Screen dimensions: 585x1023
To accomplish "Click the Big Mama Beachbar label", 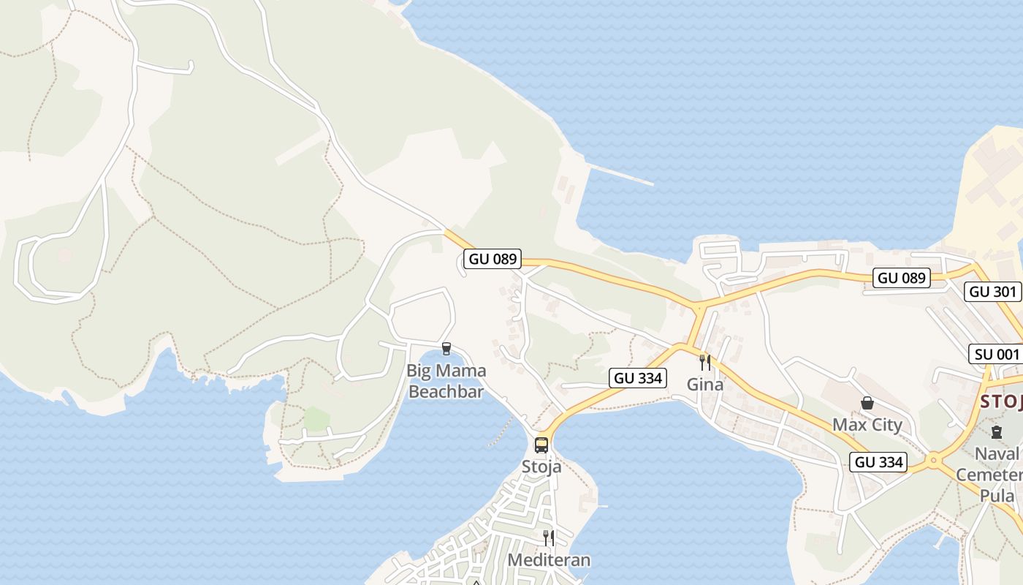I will (446, 381).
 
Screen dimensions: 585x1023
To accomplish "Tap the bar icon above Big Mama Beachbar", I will (446, 349).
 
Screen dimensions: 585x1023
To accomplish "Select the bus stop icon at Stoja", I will (541, 445).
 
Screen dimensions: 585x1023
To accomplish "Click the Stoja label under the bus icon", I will (541, 467).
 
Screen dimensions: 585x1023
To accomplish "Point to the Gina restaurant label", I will (705, 384).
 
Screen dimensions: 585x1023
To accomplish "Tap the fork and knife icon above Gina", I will (705, 362).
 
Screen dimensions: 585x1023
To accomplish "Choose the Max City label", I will (867, 425).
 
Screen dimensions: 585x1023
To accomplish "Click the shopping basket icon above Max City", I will (867, 403).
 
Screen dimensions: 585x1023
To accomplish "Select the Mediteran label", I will (549, 560).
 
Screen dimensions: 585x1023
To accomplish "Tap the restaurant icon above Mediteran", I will (549, 538).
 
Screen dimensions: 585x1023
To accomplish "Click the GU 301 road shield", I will (992, 292).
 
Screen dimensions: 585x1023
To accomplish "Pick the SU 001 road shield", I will (996, 355).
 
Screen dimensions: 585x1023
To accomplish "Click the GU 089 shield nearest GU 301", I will (902, 278).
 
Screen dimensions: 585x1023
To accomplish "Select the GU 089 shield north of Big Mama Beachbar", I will (493, 258).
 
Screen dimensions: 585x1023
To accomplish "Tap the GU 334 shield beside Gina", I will (637, 378).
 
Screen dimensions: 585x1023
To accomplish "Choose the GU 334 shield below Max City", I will (879, 462).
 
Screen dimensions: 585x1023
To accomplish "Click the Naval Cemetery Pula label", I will (1001, 475).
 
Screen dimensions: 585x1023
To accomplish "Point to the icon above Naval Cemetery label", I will (997, 432).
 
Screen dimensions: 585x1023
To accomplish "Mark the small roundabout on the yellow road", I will (933, 461).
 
